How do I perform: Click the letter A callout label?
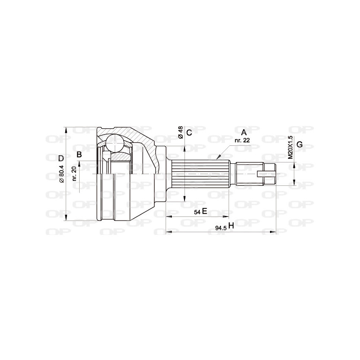244,132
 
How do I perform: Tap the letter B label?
79,155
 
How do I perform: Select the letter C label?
189,132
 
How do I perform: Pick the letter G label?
299,144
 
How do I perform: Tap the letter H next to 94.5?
231,226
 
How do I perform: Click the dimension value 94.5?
220,228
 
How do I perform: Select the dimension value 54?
197,212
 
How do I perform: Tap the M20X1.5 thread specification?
290,146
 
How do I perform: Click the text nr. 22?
242,140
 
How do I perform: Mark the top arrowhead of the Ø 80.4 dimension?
67,129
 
